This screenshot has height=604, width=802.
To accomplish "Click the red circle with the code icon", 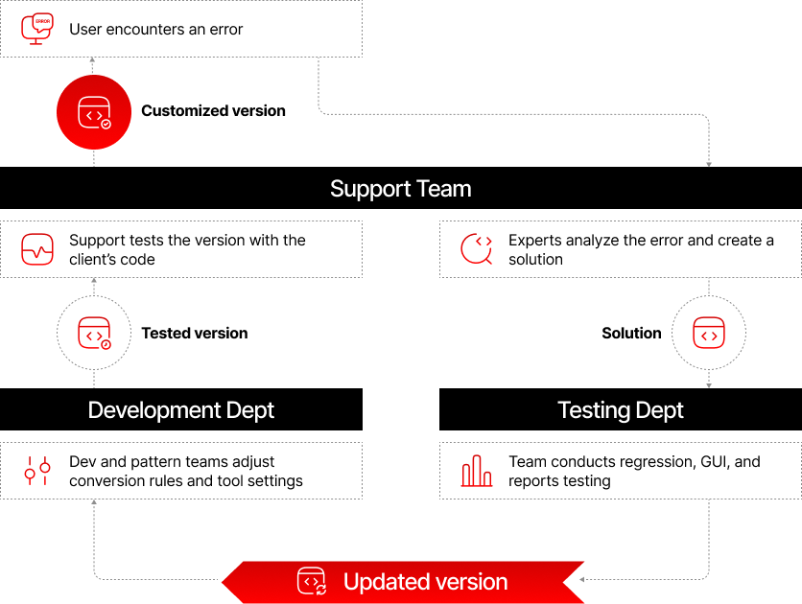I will coord(93,113).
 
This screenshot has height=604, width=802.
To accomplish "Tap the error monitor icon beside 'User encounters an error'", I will coord(37,29).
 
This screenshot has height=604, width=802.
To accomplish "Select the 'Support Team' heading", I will coord(400,189).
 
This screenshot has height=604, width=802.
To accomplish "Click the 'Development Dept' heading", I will coord(181,410).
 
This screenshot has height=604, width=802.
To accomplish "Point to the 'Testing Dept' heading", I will coord(621,410).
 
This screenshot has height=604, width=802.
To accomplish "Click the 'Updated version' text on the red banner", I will coord(425,581).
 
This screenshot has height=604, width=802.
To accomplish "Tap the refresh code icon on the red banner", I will coord(312,581).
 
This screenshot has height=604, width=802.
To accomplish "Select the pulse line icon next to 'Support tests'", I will coord(37,250).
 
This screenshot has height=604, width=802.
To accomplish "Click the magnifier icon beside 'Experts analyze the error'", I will coord(477,249).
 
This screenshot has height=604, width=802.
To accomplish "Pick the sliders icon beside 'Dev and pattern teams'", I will coord(37,471).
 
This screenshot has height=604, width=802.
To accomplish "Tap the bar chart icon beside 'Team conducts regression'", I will coord(477,471).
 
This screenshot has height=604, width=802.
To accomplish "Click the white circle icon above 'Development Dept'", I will coord(93,334).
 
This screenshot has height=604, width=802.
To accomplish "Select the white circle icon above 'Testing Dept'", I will coord(709,334).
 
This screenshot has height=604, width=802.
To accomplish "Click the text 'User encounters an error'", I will coord(155,30).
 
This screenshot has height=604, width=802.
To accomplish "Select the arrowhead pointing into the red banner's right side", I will coord(582,579).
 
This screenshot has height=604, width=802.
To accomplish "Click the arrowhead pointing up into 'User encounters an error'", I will coord(93,60).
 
